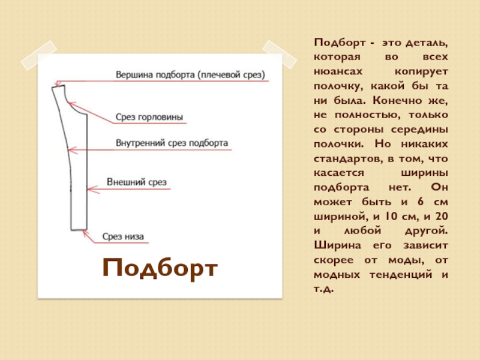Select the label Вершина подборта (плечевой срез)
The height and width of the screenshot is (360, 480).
pyautogui.click(x=190, y=75)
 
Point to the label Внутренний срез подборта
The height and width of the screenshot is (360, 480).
pyautogui.click(x=172, y=143)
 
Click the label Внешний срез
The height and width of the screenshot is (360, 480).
pyautogui.click(x=136, y=181)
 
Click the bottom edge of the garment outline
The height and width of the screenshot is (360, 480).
pyautogui.click(x=79, y=230)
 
